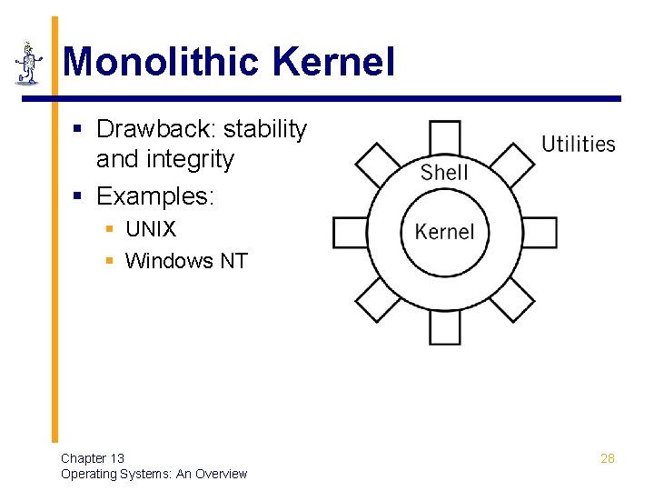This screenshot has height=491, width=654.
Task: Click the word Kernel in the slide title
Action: (x=332, y=63)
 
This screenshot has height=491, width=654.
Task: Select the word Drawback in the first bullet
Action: (x=157, y=129)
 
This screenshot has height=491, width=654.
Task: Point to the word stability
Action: (x=268, y=129)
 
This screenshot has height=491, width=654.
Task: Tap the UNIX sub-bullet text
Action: (x=151, y=229)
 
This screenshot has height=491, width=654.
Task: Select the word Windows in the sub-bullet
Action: (x=169, y=261)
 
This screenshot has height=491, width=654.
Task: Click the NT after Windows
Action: (x=233, y=261)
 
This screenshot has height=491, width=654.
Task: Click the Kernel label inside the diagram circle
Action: (x=445, y=231)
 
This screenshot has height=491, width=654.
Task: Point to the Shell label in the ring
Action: (x=444, y=172)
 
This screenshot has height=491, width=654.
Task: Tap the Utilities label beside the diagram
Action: (x=578, y=144)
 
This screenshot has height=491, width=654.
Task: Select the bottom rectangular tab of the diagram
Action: (x=445, y=328)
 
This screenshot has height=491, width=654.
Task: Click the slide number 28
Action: (x=608, y=458)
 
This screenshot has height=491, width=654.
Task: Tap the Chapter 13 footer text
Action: (x=93, y=458)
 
